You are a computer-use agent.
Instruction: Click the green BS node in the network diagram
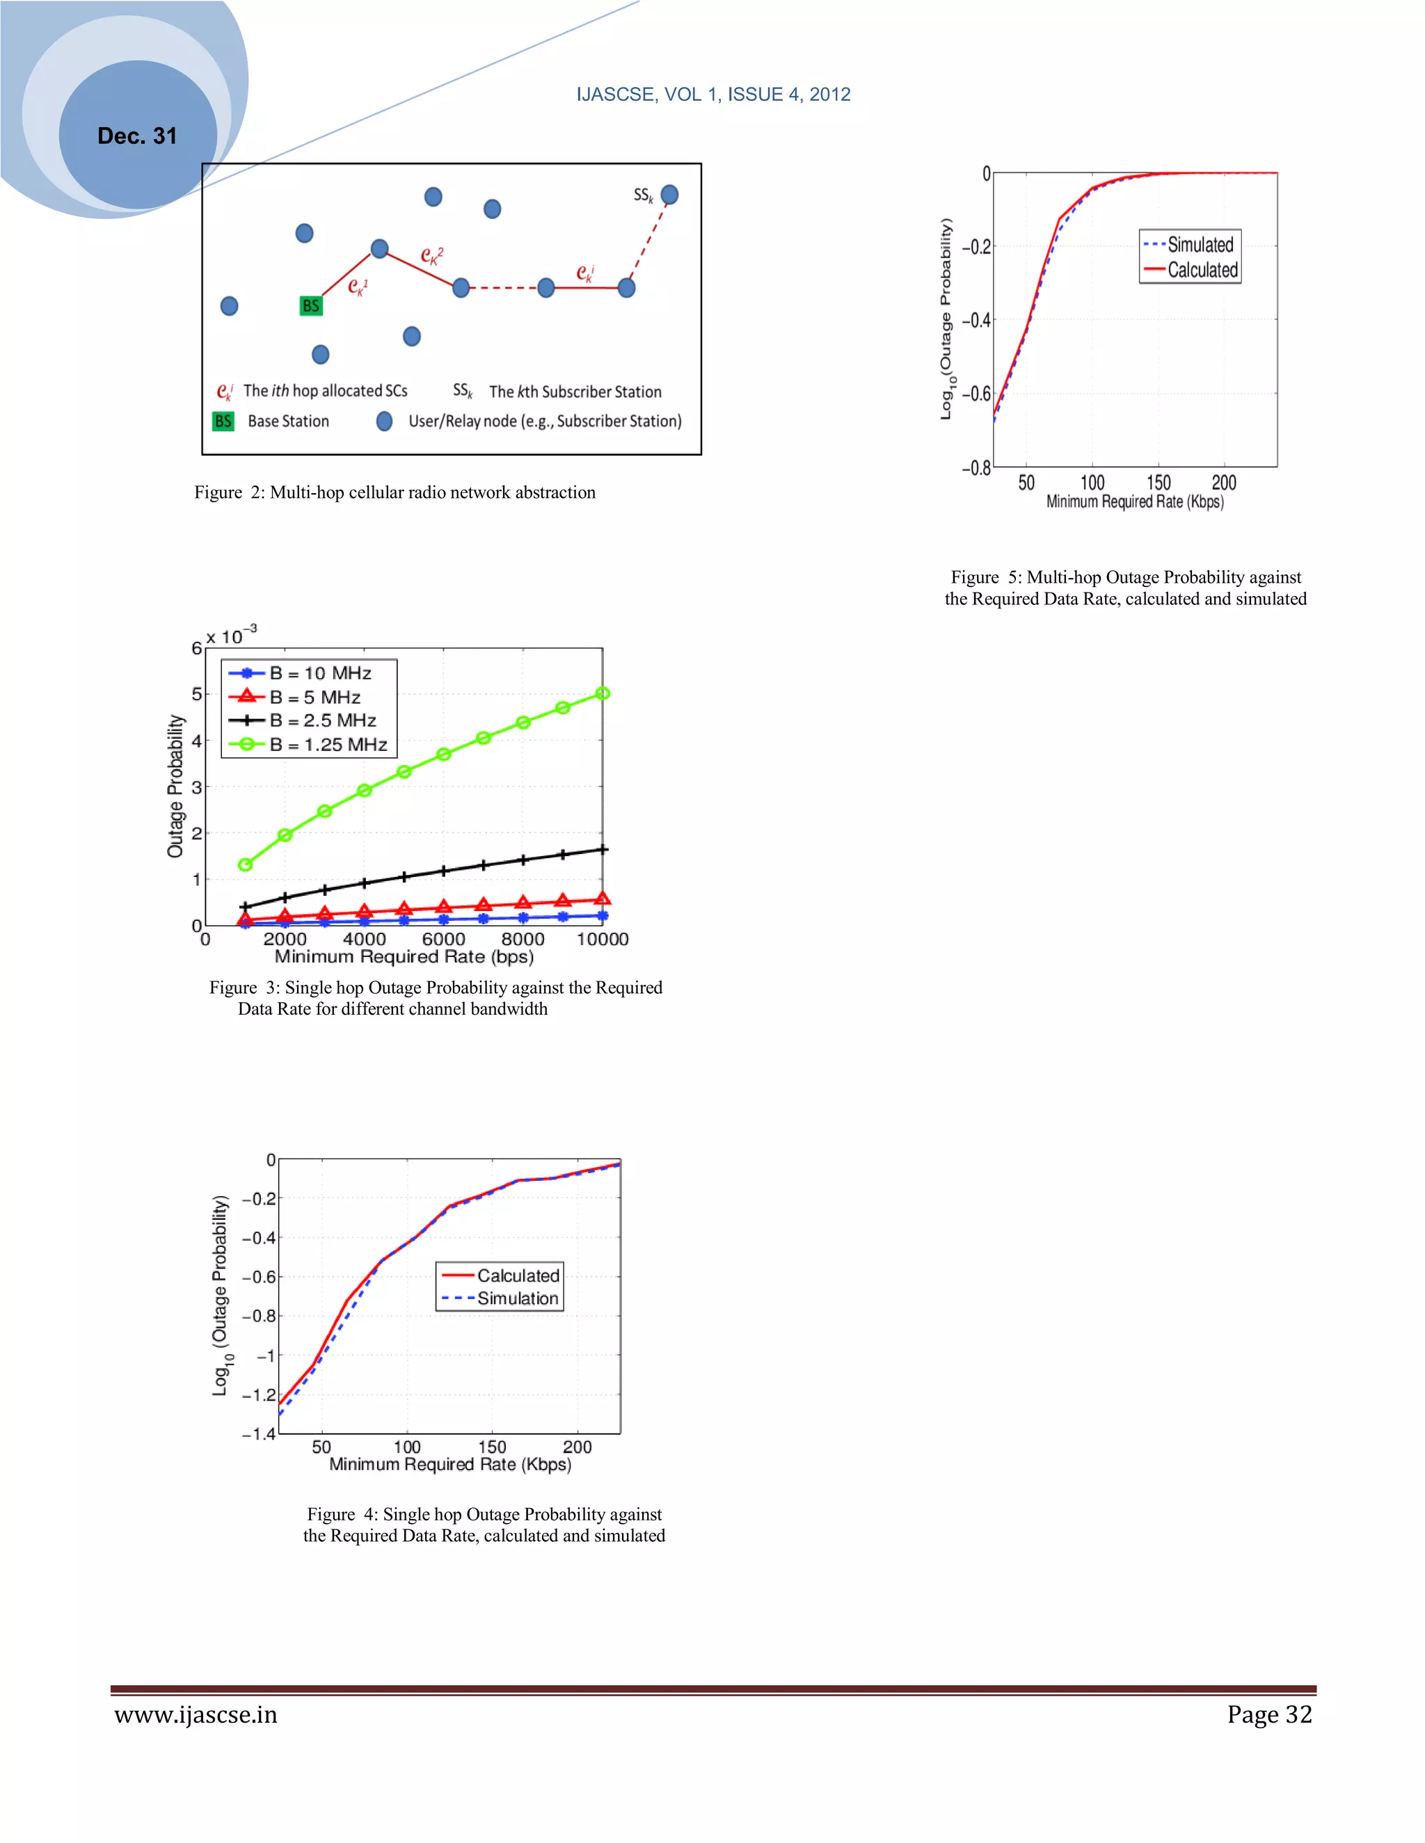[310, 305]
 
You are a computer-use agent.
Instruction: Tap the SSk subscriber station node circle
[669, 195]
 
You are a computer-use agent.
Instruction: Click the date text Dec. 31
[137, 136]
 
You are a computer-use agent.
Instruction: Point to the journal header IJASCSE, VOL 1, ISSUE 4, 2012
[712, 95]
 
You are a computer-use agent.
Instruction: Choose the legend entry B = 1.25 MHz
[328, 744]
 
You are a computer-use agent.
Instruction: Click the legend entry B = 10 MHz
[320, 673]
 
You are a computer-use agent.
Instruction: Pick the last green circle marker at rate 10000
[603, 693]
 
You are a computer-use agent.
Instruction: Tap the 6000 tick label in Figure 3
[443, 939]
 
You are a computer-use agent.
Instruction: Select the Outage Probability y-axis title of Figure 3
[175, 787]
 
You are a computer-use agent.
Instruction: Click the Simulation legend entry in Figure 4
[518, 1298]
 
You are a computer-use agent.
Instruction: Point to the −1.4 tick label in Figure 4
[258, 1434]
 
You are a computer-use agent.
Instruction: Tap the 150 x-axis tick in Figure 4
[492, 1447]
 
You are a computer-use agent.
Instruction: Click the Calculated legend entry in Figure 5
[1202, 270]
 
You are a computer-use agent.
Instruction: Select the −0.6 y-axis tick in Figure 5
[976, 393]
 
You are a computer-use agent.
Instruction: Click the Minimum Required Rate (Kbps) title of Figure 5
[1135, 501]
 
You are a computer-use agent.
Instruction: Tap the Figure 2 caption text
[395, 492]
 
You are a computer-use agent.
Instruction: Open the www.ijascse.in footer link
[196, 1715]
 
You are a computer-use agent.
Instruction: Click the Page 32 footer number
[1269, 1715]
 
